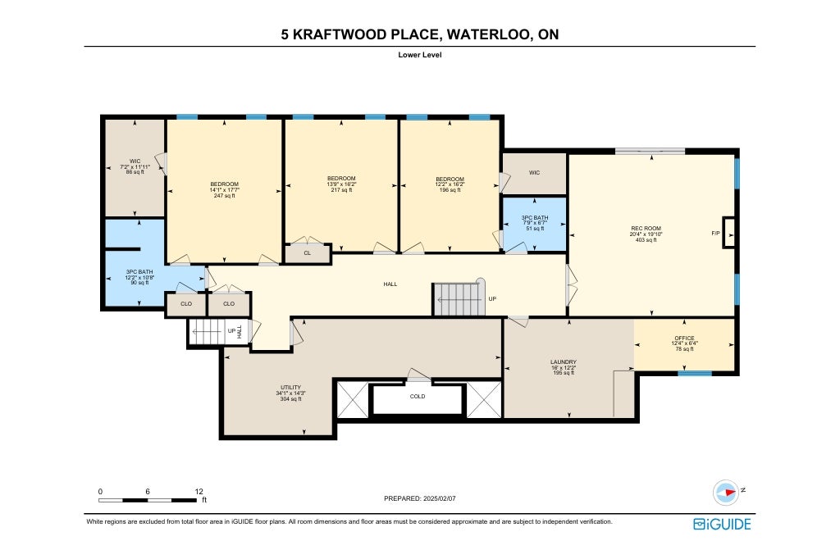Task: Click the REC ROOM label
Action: point(646,228)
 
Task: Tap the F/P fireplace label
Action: point(715,234)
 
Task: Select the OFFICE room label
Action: point(684,338)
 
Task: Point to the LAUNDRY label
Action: point(563,362)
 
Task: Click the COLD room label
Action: point(418,396)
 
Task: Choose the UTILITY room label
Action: point(291,387)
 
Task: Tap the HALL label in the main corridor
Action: point(390,284)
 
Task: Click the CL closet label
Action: point(307,253)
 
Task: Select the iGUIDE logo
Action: point(722,525)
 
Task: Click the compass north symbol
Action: point(727,492)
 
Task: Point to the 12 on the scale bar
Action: point(199,492)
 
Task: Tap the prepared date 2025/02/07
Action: point(440,498)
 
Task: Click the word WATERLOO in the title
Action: point(487,34)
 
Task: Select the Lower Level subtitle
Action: point(419,55)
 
